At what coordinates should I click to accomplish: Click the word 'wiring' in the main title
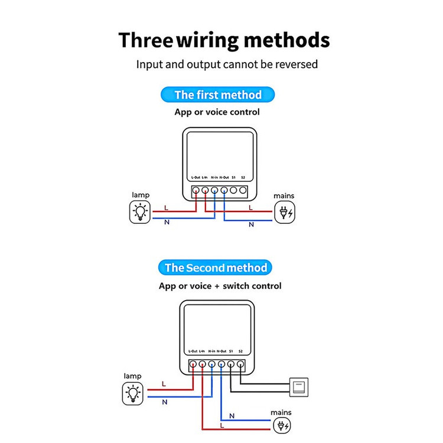[208, 40]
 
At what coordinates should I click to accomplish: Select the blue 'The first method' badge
[217, 95]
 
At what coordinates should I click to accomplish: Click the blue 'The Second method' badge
[215, 268]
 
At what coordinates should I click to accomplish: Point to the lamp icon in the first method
[140, 212]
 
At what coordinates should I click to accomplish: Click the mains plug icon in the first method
[285, 213]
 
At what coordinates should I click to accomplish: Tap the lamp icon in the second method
[133, 393]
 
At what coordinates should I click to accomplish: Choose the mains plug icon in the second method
[282, 425]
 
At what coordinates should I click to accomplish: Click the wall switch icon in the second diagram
[299, 387]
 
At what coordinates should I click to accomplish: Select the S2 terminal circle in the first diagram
[243, 190]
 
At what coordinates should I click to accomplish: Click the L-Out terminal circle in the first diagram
[196, 190]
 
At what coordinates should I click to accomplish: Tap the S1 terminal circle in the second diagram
[231, 364]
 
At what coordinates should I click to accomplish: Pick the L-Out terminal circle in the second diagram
[193, 364]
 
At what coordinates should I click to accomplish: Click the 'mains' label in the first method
[284, 196]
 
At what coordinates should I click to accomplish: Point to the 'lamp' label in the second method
[132, 376]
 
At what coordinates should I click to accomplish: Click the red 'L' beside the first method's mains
[250, 208]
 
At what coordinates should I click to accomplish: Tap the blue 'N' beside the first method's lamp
[167, 222]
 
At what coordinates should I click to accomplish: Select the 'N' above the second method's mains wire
[232, 416]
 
